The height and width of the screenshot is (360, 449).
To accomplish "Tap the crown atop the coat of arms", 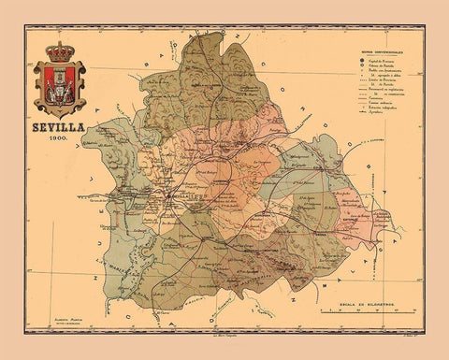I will [60, 50].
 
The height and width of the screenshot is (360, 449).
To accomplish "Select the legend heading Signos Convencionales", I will [384, 52].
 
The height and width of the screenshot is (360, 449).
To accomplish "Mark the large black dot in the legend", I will [362, 61].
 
